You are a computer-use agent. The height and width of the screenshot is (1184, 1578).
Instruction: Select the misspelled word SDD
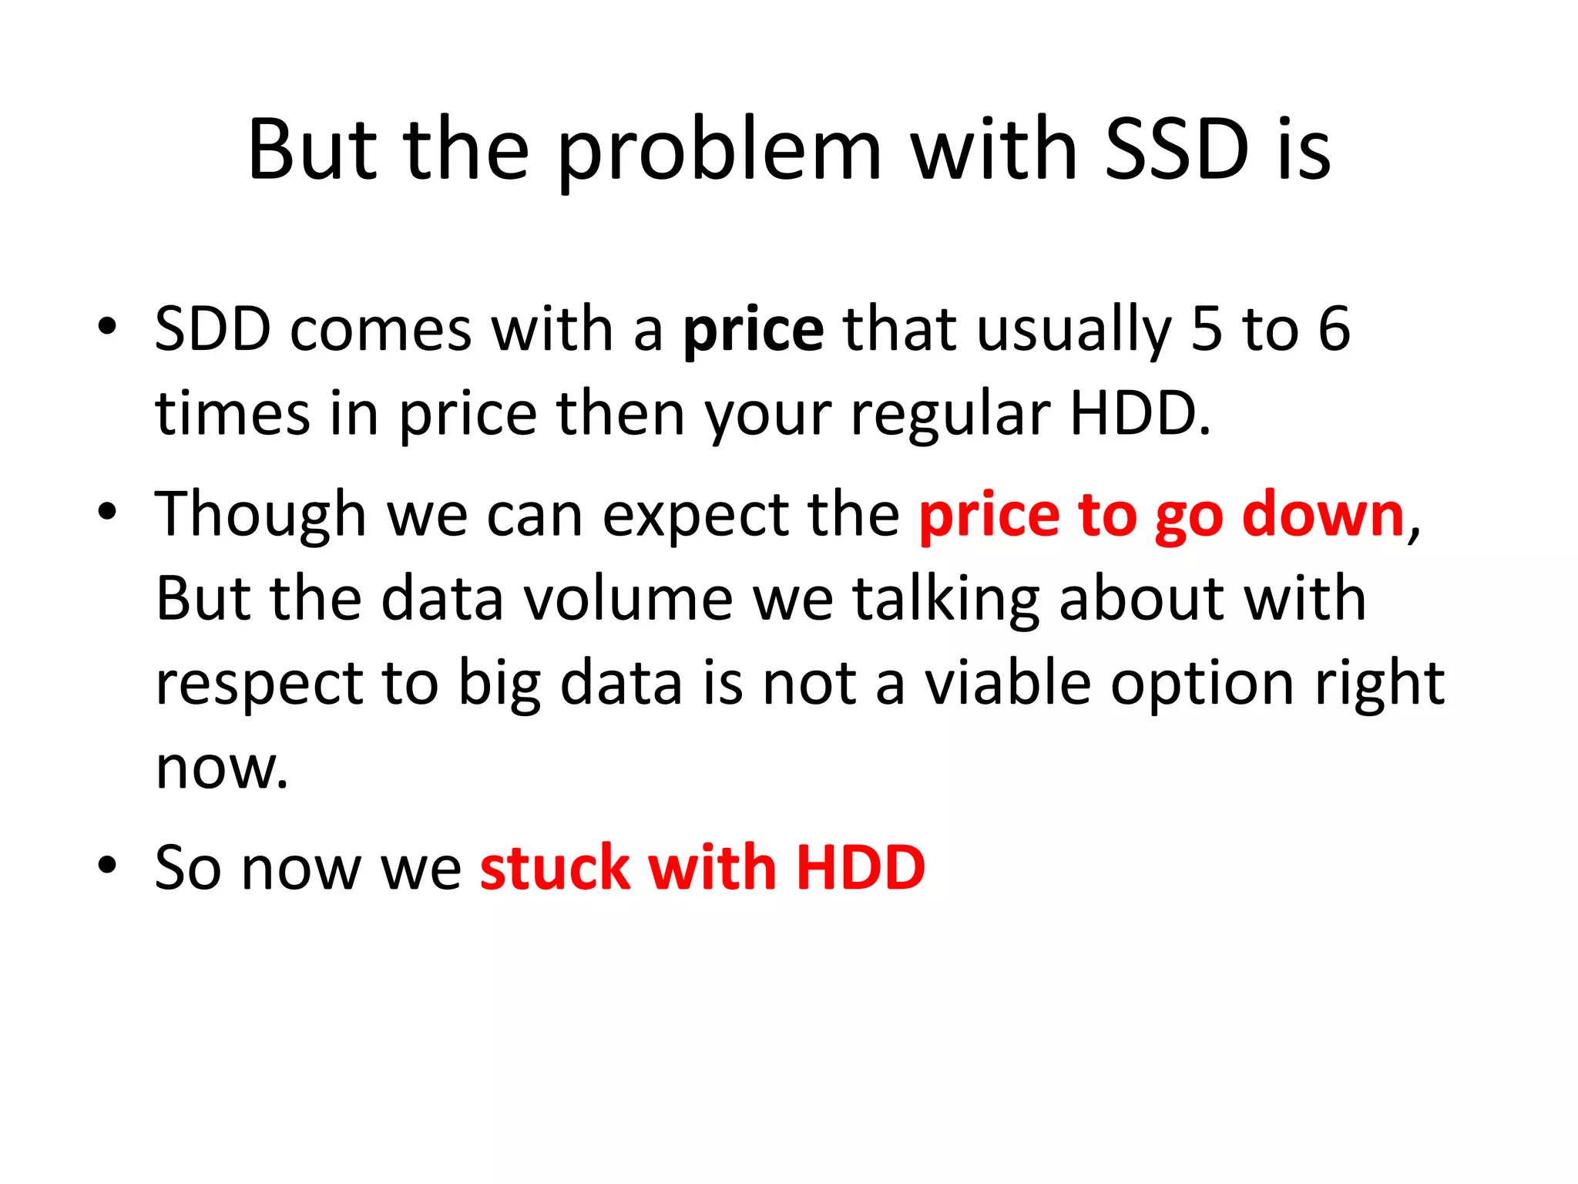tap(213, 329)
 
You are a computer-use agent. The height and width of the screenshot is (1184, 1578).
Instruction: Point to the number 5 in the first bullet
tap(1207, 329)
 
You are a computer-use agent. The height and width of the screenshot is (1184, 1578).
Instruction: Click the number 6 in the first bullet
tap(1334, 329)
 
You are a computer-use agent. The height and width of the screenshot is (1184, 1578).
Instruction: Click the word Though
tap(260, 515)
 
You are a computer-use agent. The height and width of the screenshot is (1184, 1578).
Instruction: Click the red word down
tap(1323, 515)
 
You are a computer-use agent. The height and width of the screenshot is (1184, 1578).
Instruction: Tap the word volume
tap(628, 599)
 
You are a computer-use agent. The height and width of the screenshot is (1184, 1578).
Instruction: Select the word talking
tap(947, 600)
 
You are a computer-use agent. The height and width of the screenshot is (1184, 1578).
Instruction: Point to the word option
tap(1202, 684)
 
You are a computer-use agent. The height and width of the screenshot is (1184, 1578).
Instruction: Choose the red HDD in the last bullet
tap(860, 868)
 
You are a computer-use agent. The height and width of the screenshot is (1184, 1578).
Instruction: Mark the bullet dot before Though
tap(107, 511)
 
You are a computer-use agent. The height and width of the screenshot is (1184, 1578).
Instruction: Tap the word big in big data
tap(499, 684)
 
